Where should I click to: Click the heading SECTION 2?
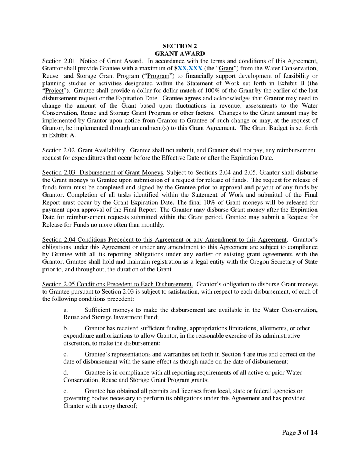[180, 46]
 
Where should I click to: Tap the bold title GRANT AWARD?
[180, 53]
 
